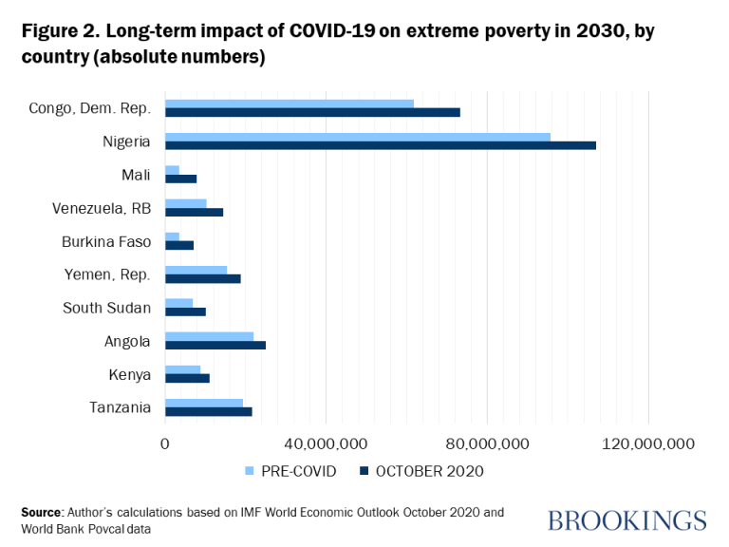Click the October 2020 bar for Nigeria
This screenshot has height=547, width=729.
point(380,145)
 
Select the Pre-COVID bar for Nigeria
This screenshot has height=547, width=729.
point(357,137)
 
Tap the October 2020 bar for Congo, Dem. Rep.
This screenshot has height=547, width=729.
point(312,112)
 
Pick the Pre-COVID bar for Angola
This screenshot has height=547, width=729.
point(209,336)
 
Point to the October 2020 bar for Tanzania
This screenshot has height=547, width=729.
point(208,411)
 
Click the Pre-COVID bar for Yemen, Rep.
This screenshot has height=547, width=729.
point(196,270)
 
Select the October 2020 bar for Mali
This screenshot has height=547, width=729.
point(180,179)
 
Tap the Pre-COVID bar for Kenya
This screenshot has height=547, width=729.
point(182,369)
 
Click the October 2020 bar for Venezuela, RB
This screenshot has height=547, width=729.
point(194,212)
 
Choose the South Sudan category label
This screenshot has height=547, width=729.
point(106,308)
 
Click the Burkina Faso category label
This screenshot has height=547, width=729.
point(106,241)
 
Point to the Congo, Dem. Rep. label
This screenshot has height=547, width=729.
point(90,108)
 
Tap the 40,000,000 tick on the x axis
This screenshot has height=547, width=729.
point(326,443)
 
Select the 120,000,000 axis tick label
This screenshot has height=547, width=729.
point(647,443)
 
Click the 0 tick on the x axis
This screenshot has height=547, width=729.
point(165,443)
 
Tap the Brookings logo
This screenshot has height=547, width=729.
point(626,520)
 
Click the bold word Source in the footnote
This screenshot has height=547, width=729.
point(42,512)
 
